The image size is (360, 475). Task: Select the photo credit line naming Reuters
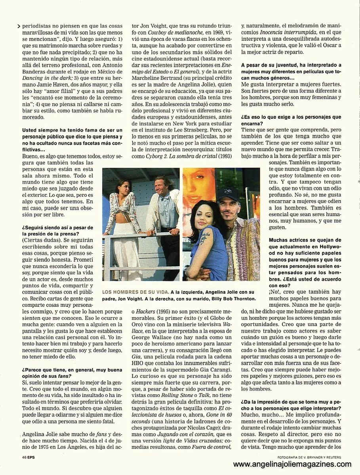pyautogui.click(x=309, y=456)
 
